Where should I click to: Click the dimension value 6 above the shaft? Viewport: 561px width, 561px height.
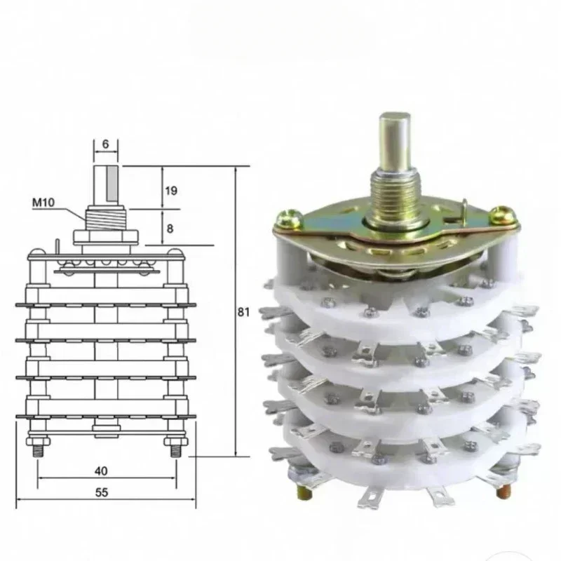(x=105, y=144)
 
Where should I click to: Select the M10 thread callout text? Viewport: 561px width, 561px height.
(x=43, y=203)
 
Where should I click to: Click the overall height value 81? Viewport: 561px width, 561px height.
(x=243, y=312)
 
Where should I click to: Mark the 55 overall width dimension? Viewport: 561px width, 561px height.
(x=102, y=492)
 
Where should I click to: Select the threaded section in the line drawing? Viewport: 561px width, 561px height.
(x=106, y=219)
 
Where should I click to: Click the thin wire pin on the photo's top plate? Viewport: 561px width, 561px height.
(x=465, y=207)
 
